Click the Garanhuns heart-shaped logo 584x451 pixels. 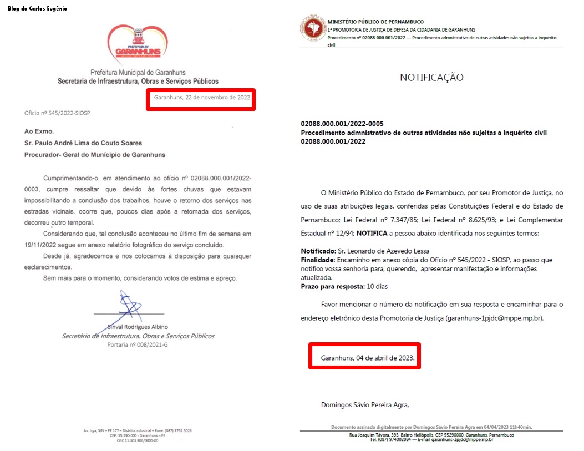click(138, 45)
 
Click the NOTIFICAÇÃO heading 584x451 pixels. click(431, 78)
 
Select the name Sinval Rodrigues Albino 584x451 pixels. click(138, 327)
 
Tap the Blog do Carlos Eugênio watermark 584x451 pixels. click(38, 9)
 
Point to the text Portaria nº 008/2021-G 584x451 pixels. click(138, 344)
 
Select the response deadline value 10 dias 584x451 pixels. click(377, 286)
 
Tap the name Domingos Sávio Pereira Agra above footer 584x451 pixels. click(365, 404)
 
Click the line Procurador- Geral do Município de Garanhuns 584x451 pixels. click(95, 154)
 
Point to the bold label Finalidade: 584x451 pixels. click(317, 260)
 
